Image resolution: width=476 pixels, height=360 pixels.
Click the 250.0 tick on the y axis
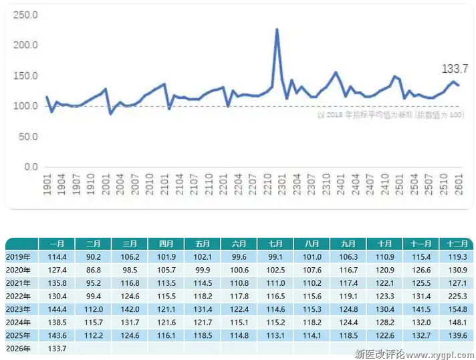tap(26, 15)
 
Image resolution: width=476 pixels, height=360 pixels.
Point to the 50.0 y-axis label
tap(26, 136)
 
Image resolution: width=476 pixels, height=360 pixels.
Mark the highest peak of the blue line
tap(277, 29)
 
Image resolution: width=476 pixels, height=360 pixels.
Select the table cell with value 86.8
tap(93, 270)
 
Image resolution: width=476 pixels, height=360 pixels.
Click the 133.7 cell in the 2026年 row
tap(57, 349)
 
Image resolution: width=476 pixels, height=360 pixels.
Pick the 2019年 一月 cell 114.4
tap(57, 257)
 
